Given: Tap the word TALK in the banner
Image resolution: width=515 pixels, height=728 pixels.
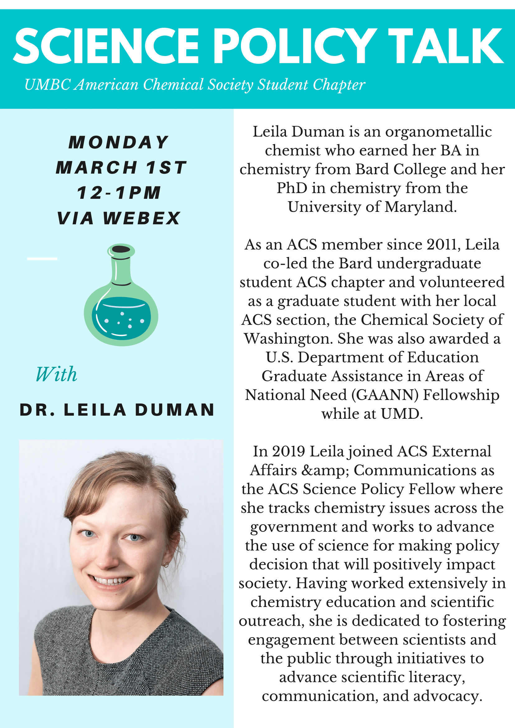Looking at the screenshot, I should [446, 46].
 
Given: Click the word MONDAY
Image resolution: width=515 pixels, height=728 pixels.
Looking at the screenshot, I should [119, 142].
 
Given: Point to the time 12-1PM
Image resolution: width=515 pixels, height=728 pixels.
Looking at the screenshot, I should [119, 193].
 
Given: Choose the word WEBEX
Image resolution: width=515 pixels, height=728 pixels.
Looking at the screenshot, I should [142, 218].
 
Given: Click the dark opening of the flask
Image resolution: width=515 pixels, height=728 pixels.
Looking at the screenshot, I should [121, 249].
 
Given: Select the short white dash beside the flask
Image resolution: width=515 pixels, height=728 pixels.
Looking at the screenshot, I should [42, 259].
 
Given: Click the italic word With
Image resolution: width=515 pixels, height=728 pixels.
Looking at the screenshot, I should [56, 374].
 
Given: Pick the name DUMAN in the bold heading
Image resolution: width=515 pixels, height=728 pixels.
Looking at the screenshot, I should [175, 410].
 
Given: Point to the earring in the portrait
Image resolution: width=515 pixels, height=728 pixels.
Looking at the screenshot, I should [166, 565].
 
